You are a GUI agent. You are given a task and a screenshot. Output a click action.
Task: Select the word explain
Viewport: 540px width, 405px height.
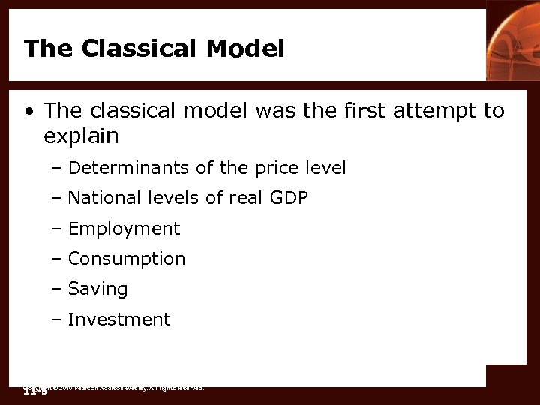[81, 136]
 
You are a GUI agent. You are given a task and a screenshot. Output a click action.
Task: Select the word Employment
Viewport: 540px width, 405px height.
[124, 229]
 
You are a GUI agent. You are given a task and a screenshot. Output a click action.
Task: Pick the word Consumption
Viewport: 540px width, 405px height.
[126, 259]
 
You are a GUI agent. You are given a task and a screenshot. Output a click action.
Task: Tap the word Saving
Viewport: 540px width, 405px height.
[97, 289]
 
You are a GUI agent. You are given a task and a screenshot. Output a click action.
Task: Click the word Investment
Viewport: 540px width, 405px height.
[119, 319]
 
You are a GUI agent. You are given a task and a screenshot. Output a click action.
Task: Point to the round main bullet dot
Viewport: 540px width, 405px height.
[28, 112]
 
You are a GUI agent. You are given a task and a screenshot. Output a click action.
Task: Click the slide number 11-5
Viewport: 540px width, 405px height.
[34, 391]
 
